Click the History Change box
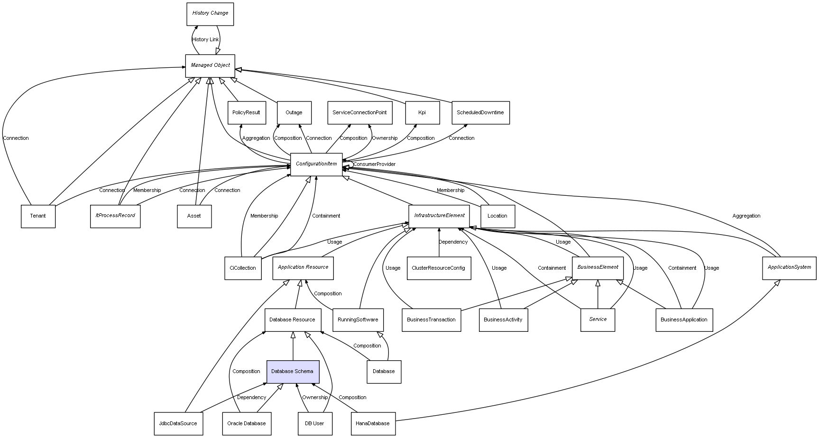210,14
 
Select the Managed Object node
210,65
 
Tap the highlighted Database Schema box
293,372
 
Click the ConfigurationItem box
316,164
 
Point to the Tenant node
38,216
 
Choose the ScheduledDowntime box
480,113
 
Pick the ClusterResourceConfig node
439,268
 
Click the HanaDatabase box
373,424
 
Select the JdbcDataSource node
178,424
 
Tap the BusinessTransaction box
431,320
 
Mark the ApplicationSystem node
789,267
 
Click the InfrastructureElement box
439,216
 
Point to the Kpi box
422,113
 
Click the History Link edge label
205,40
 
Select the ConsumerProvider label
374,164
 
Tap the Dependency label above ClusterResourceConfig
453,242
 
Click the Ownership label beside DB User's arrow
315,398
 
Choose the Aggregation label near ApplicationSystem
746,216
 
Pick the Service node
598,320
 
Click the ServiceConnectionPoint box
359,113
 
